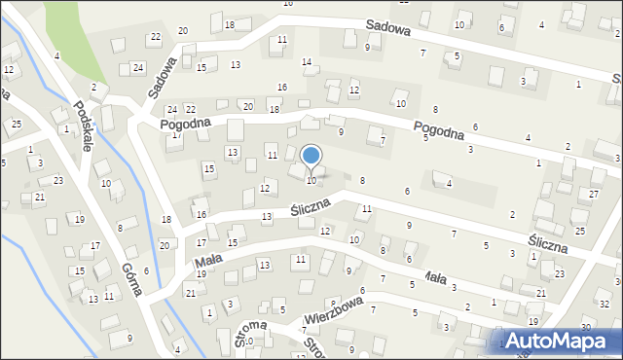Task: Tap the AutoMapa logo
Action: click(566, 341)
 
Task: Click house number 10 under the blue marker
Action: click(311, 181)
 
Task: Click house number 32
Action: click(605, 305)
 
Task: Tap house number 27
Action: click(595, 195)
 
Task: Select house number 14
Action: click(307, 62)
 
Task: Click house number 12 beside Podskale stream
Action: click(9, 70)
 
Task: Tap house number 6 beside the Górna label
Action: click(146, 271)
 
